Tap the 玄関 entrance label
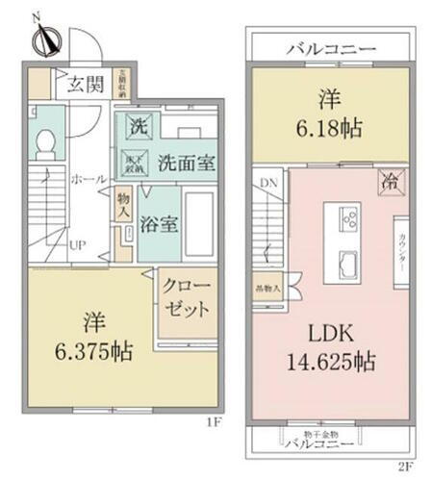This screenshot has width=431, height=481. coord(86,83)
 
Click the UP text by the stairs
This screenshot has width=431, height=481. coord(77,245)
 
